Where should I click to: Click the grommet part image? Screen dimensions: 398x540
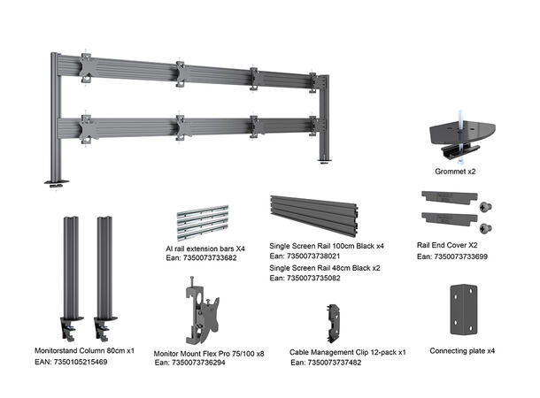coord(460,130)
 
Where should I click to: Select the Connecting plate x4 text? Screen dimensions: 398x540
coord(462,350)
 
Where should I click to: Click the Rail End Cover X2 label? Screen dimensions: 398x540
coord(447,245)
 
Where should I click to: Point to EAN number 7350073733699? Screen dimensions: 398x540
coord(452,256)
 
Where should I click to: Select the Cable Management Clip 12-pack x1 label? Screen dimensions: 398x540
coord(347,351)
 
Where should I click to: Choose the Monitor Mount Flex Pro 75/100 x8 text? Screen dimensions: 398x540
coord(209,351)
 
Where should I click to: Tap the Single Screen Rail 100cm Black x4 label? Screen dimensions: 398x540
coord(327,245)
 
